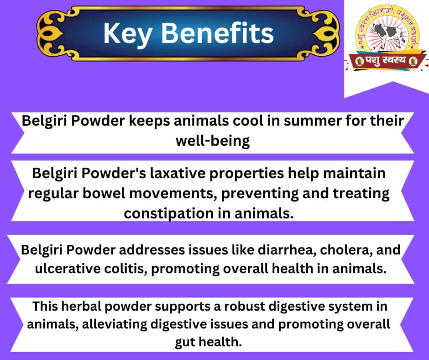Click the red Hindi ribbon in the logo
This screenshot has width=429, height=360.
coord(385,60)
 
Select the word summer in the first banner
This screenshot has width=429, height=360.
coord(298,122)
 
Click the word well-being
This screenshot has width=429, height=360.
coord(213,141)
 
